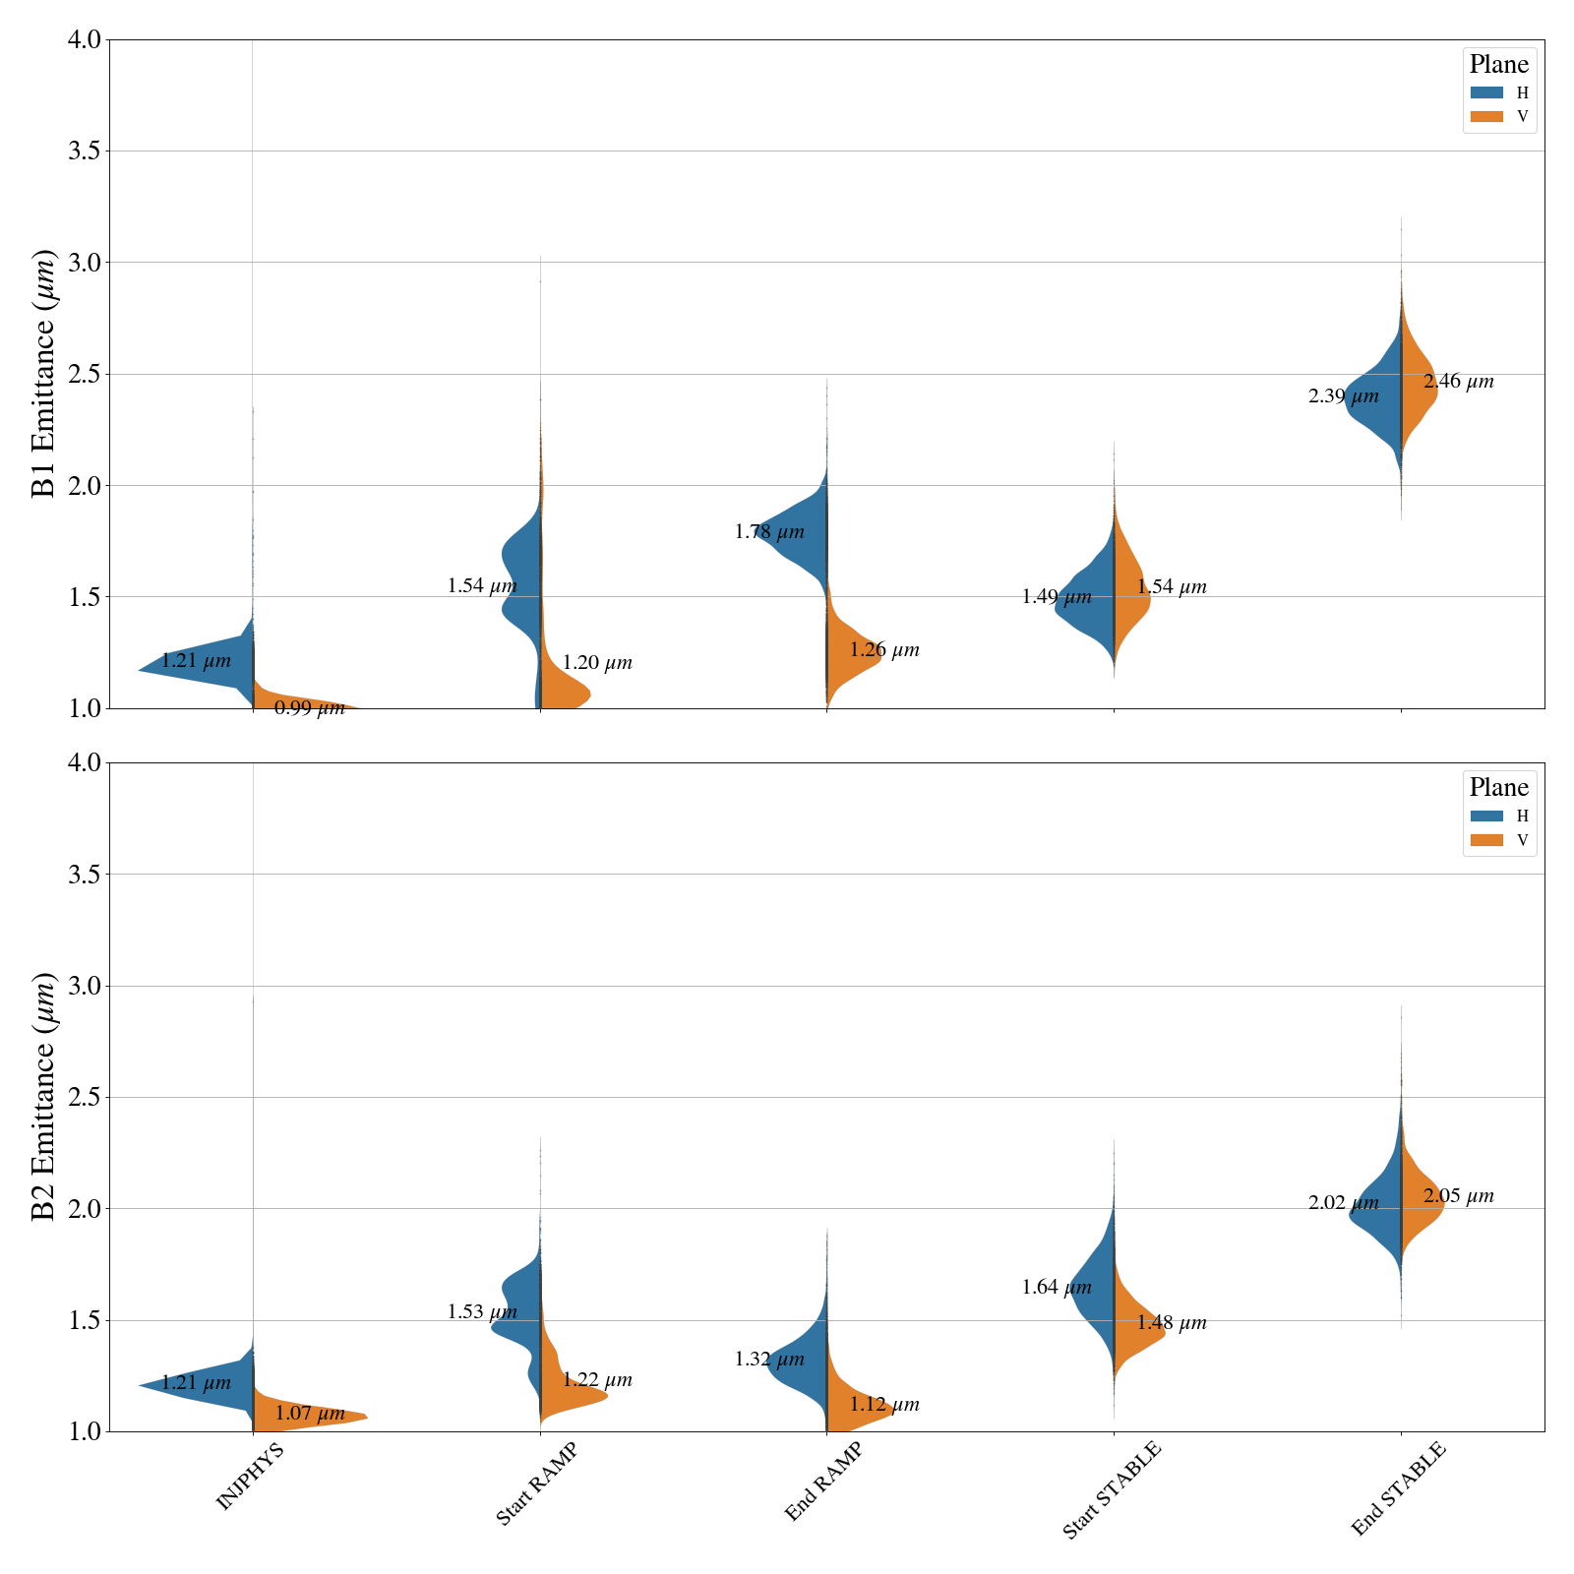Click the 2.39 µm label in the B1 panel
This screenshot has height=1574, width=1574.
point(1343,397)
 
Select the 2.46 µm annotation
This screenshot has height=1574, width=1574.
point(1458,382)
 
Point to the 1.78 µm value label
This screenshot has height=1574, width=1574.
point(768,532)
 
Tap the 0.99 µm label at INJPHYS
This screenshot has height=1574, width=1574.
point(309,708)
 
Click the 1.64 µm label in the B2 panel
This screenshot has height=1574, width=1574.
point(1056,1287)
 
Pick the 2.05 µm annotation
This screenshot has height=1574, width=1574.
point(1458,1197)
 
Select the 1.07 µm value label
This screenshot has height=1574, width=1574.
point(309,1414)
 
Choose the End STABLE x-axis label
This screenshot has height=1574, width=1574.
point(1398,1488)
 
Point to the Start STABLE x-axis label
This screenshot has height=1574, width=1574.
point(1112,1490)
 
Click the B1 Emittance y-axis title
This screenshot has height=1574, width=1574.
point(44,374)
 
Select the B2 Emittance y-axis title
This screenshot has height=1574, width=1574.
point(44,1097)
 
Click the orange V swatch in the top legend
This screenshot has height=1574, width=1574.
point(1486,116)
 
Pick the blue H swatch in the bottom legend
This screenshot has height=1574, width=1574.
point(1486,816)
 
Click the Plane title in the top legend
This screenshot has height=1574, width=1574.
point(1498,65)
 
